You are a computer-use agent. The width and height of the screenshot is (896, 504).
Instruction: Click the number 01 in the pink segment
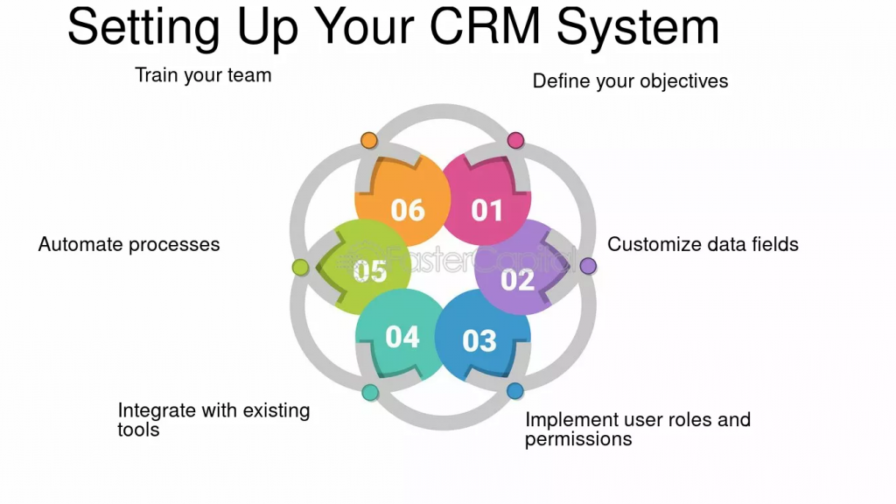tap(487, 210)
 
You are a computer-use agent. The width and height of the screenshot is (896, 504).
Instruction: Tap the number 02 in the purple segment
tap(517, 279)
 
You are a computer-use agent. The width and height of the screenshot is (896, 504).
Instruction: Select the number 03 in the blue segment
tap(479, 340)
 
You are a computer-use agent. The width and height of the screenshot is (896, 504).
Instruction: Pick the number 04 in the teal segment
tap(402, 337)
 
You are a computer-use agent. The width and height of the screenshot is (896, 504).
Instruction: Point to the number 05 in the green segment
tap(370, 271)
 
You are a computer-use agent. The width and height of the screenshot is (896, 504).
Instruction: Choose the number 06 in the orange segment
tap(408, 210)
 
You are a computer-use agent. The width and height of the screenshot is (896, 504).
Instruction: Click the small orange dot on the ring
tap(369, 140)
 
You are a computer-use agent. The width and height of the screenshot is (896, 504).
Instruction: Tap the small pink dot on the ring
tap(515, 140)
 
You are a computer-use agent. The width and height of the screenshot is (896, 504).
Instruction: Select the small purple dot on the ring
tap(588, 265)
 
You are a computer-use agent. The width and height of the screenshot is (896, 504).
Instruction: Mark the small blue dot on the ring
tap(514, 391)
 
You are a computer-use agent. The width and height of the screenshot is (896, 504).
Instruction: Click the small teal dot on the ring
tap(370, 392)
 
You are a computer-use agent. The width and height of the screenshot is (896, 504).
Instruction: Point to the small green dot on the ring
tap(299, 267)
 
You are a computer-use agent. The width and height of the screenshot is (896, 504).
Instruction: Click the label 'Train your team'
tap(203, 75)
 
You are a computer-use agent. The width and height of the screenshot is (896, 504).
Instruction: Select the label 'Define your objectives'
tap(630, 81)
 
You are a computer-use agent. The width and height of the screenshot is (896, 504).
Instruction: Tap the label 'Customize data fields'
tap(703, 244)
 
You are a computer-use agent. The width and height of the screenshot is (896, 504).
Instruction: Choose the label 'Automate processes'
tap(129, 244)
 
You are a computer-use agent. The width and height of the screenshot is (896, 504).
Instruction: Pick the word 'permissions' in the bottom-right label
tap(578, 439)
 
